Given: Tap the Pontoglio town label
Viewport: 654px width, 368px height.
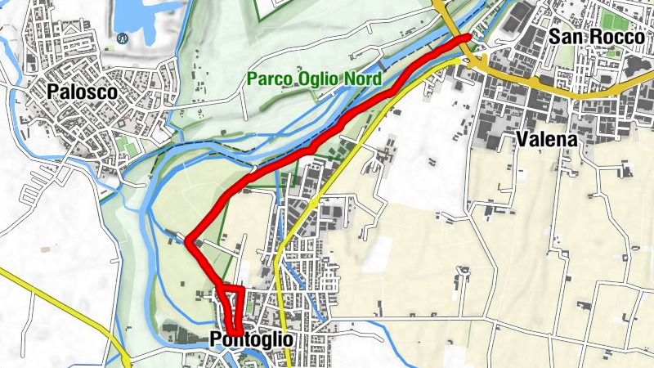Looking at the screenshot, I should (x=251, y=339).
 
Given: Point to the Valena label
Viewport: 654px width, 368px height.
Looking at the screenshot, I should (x=546, y=140).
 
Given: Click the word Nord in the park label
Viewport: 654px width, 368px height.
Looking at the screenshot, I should (x=361, y=80).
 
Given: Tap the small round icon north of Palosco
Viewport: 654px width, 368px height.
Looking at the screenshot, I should (x=123, y=38).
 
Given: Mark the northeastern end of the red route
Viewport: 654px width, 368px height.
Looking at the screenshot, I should (x=467, y=38).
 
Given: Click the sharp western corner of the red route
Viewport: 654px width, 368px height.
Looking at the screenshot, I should (x=189, y=241).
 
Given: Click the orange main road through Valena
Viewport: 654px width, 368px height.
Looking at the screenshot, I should (x=572, y=93).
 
